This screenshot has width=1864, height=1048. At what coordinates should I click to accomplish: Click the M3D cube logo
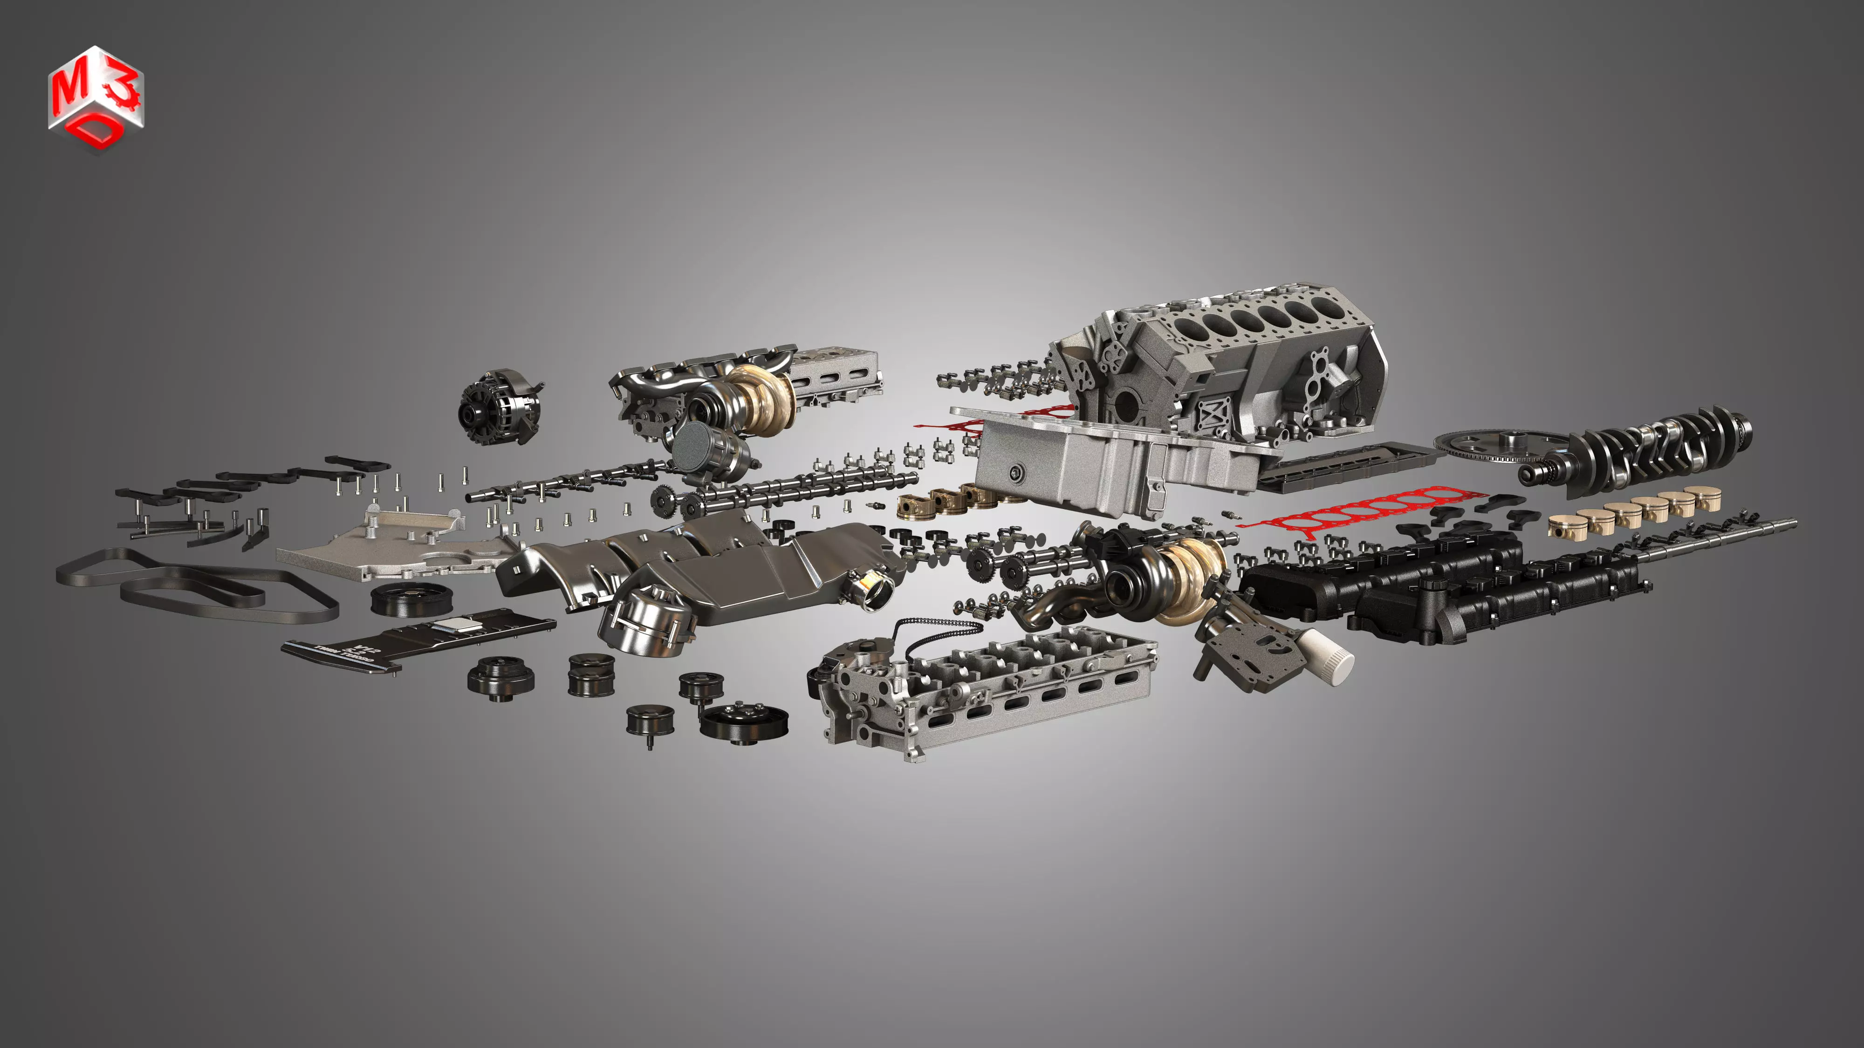[x=96, y=98]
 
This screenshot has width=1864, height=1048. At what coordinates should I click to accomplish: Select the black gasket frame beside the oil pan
[x=1346, y=463]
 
